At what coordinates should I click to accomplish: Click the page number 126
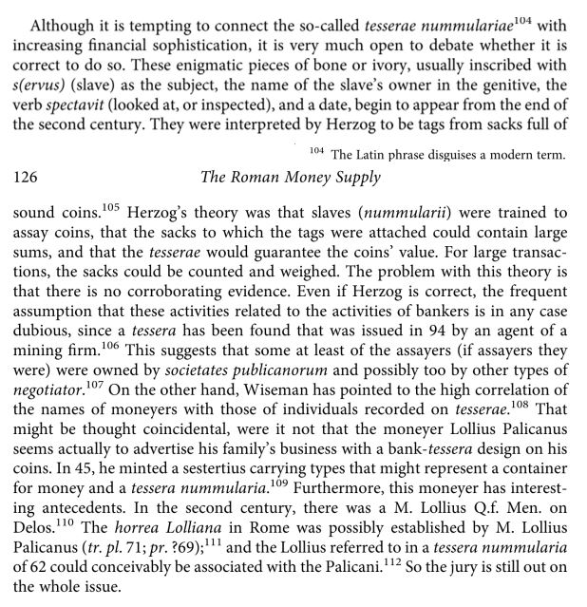(28, 178)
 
